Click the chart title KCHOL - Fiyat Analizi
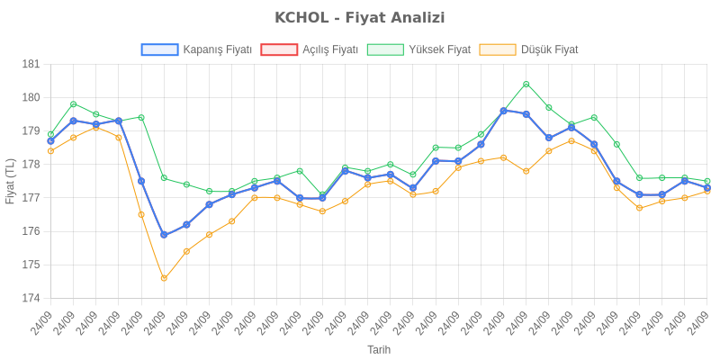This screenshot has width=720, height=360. [360, 18]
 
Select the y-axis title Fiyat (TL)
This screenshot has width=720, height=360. [11, 181]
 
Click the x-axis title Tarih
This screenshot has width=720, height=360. [379, 348]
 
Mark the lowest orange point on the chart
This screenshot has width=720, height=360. [164, 278]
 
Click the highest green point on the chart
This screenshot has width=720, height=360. [526, 84]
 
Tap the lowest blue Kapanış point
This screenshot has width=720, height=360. [164, 235]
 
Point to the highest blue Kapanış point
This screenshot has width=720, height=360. [504, 111]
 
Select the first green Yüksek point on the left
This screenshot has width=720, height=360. [50, 134]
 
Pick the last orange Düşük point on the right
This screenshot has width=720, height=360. [707, 191]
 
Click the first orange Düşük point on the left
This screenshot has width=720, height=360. [50, 151]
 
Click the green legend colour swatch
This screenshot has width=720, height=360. [385, 49]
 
